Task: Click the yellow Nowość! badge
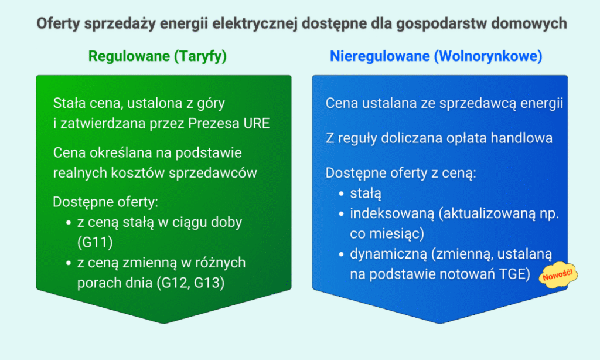(x=558, y=274)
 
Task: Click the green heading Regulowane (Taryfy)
(x=157, y=56)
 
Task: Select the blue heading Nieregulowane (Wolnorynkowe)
(x=436, y=56)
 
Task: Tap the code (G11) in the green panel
(x=95, y=242)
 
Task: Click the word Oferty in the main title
(x=58, y=23)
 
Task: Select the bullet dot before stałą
(x=342, y=194)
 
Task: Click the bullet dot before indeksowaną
(x=342, y=213)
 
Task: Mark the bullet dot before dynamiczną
(x=342, y=254)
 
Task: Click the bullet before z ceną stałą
(x=69, y=223)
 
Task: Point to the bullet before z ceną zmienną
(x=69, y=263)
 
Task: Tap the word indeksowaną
(x=392, y=213)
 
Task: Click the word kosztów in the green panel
(x=138, y=173)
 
